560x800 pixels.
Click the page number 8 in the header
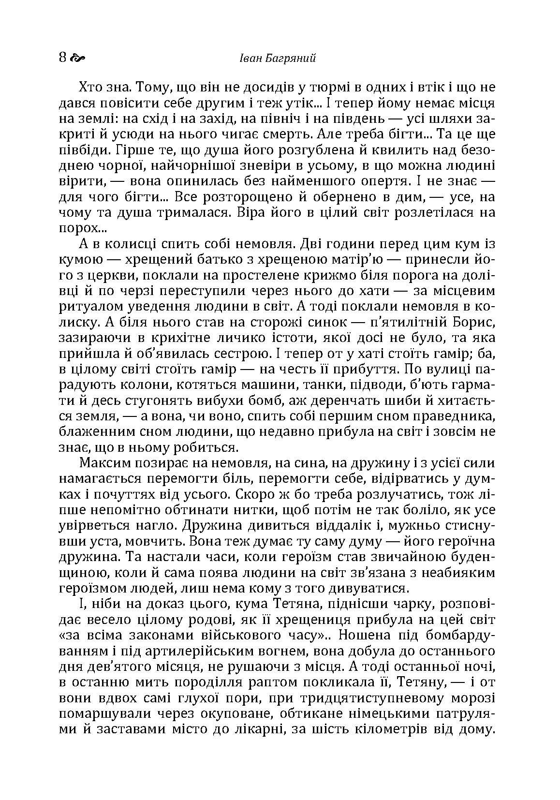(62, 58)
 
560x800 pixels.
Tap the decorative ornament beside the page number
(77, 59)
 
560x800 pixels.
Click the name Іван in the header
(250, 58)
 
